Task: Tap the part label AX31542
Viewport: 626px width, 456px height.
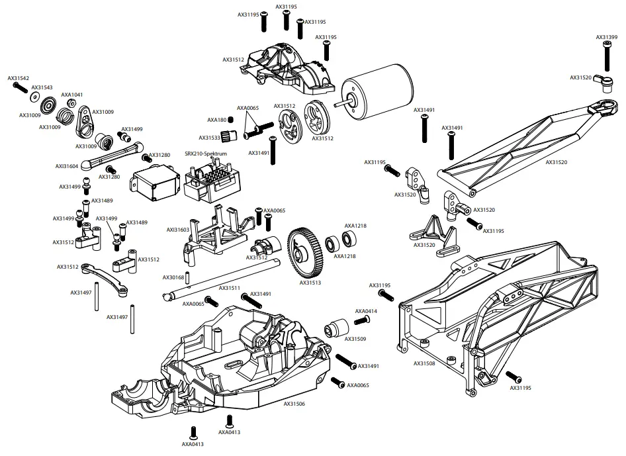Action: (x=19, y=78)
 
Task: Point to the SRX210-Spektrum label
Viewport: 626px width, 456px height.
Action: (x=206, y=154)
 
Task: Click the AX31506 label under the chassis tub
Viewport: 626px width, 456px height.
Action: (x=294, y=404)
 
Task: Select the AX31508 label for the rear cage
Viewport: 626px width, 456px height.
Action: (x=425, y=363)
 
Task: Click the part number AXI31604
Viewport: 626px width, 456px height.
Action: (x=66, y=167)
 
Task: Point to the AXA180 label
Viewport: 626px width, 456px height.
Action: (x=216, y=120)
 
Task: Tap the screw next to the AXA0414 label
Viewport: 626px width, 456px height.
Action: (x=361, y=320)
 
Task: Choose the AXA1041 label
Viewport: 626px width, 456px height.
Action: (x=72, y=95)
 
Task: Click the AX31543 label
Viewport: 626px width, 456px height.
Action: (x=42, y=87)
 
